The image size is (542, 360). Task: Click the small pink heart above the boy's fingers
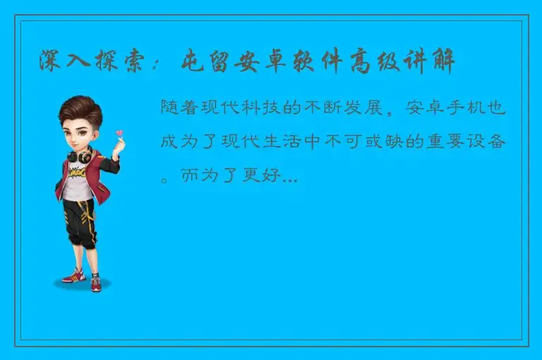coord(119,132)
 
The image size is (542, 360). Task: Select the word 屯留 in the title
coord(207,61)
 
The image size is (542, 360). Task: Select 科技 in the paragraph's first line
coord(263,108)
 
